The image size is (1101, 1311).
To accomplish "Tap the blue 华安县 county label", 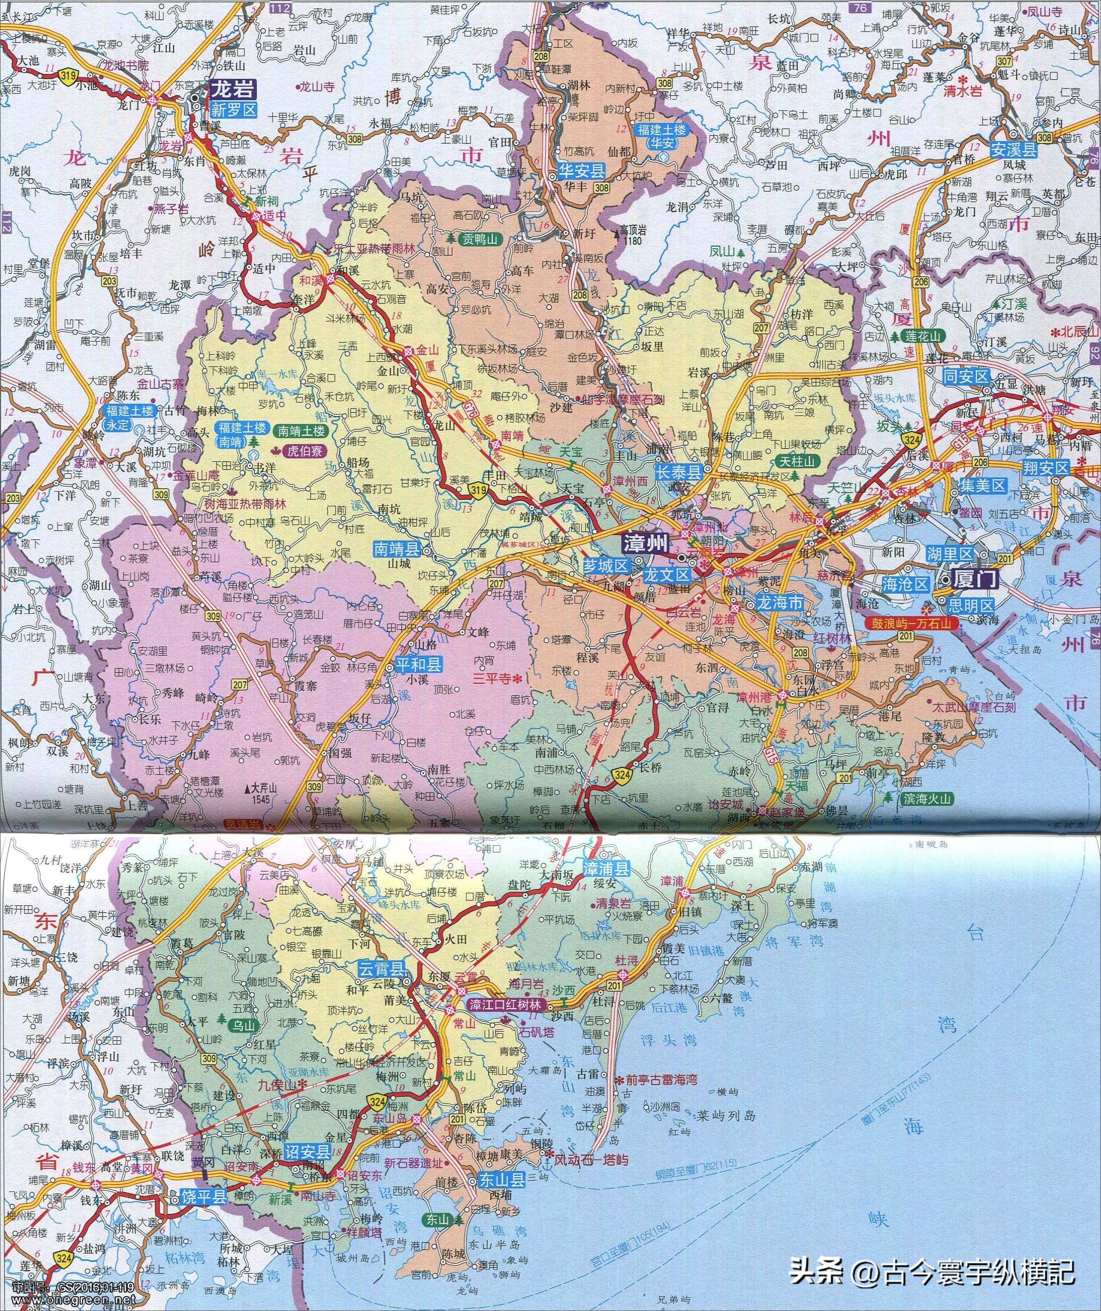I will tap(581, 169).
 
